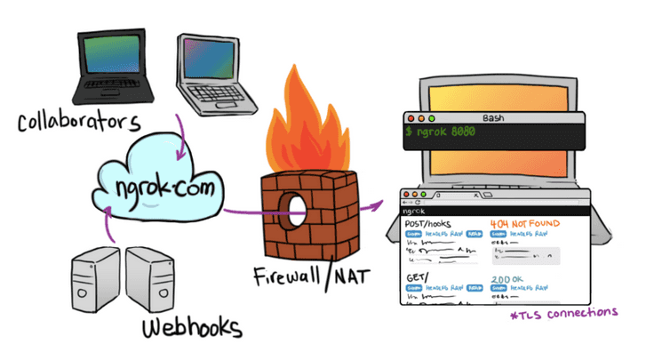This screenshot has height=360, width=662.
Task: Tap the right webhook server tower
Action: point(150,279)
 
